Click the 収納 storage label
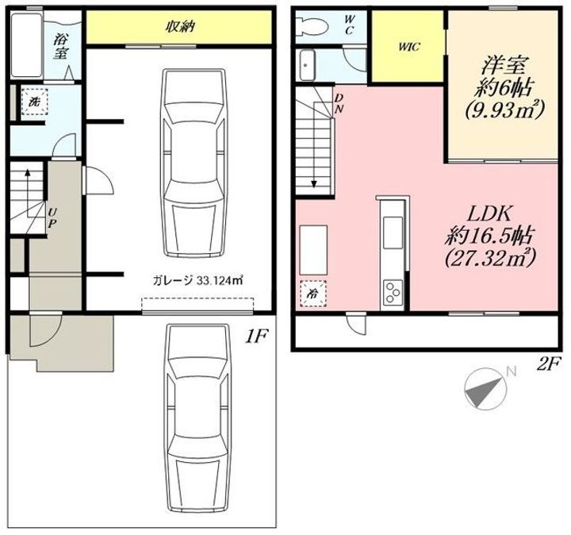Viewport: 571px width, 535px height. (x=181, y=27)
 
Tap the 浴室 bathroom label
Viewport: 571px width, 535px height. (x=60, y=47)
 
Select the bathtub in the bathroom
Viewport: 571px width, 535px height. (x=26, y=45)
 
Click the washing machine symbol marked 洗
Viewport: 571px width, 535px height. (x=34, y=102)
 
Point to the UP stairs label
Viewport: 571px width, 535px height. (x=52, y=217)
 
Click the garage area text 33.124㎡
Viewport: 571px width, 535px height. (x=220, y=281)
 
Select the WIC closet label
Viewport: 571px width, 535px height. (x=409, y=47)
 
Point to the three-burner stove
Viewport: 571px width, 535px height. (x=393, y=292)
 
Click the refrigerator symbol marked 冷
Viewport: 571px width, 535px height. (x=312, y=294)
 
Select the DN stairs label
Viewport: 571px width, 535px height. (x=339, y=103)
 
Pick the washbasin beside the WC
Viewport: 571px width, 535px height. (x=308, y=65)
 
